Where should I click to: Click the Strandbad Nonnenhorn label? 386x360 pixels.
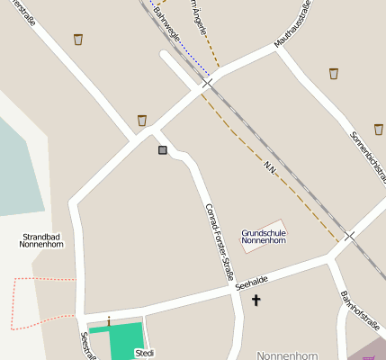(x=42, y=239)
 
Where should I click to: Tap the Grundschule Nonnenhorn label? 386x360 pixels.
(x=264, y=237)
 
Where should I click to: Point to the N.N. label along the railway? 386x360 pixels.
(x=270, y=168)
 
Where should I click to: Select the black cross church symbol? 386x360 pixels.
(x=256, y=300)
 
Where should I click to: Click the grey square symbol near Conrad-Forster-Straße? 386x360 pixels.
(x=162, y=149)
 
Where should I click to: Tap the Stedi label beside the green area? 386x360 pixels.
(x=144, y=354)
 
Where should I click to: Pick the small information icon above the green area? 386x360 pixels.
(x=109, y=319)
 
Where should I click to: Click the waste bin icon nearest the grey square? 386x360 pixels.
(x=142, y=121)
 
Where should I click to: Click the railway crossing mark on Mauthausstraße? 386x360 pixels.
(x=208, y=83)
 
